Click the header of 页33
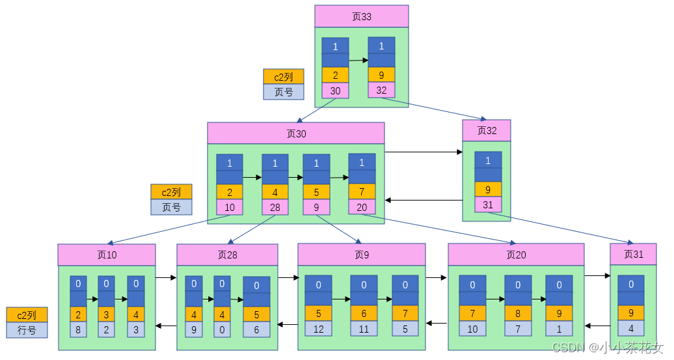click(361, 16)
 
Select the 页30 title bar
click(295, 133)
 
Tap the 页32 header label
click(487, 130)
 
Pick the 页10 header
click(107, 255)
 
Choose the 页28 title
click(227, 255)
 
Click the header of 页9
click(361, 255)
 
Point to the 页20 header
click(516, 255)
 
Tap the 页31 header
click(633, 254)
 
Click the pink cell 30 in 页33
click(335, 91)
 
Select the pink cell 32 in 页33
click(381, 90)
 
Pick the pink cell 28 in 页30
click(275, 207)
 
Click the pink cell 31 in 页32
click(488, 204)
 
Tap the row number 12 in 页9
click(318, 329)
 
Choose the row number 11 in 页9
click(364, 329)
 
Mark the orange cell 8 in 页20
click(518, 314)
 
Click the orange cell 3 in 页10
click(107, 314)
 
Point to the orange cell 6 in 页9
click(364, 314)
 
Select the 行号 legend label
click(27, 330)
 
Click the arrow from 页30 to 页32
click(423, 152)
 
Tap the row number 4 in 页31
click(631, 328)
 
